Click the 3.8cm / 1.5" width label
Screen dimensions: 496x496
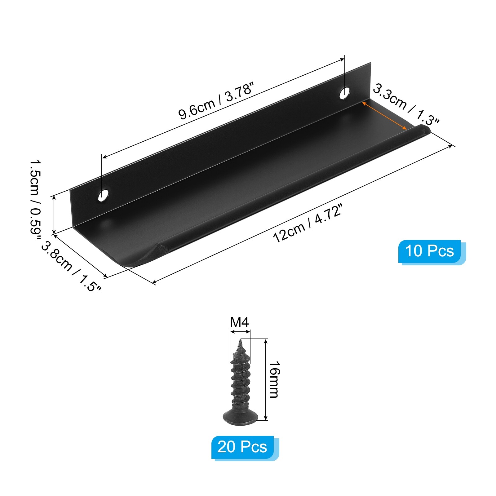(71, 267)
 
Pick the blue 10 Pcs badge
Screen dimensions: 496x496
(430, 251)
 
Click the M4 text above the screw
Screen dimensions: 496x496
(239, 322)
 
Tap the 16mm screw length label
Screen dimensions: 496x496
(274, 379)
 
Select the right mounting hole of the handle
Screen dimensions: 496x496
(344, 93)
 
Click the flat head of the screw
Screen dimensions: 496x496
(240, 417)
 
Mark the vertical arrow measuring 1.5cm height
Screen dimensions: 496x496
(54, 215)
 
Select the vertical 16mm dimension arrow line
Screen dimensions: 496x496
(266, 379)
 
